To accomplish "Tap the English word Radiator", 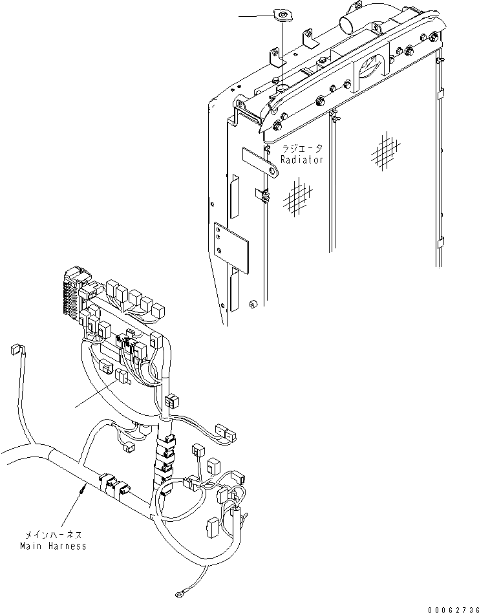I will tap(301, 160).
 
